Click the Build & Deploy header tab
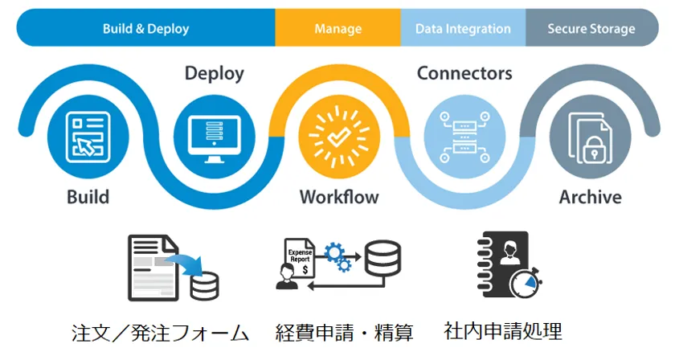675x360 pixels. [x=145, y=29]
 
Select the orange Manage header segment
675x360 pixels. [x=337, y=29]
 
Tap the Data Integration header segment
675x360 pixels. [x=463, y=29]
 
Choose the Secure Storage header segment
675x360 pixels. [x=591, y=29]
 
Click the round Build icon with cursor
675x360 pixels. [x=88, y=134]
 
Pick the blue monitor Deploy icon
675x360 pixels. [x=214, y=134]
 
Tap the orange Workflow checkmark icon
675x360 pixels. [x=338, y=134]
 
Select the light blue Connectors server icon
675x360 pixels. [x=464, y=134]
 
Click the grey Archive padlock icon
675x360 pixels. [x=589, y=134]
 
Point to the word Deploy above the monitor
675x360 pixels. [x=214, y=74]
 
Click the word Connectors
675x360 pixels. [x=464, y=74]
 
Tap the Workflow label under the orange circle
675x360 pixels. [x=339, y=197]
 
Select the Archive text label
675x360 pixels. [x=590, y=197]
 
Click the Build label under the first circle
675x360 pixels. [x=88, y=197]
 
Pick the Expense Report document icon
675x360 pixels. [x=300, y=256]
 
